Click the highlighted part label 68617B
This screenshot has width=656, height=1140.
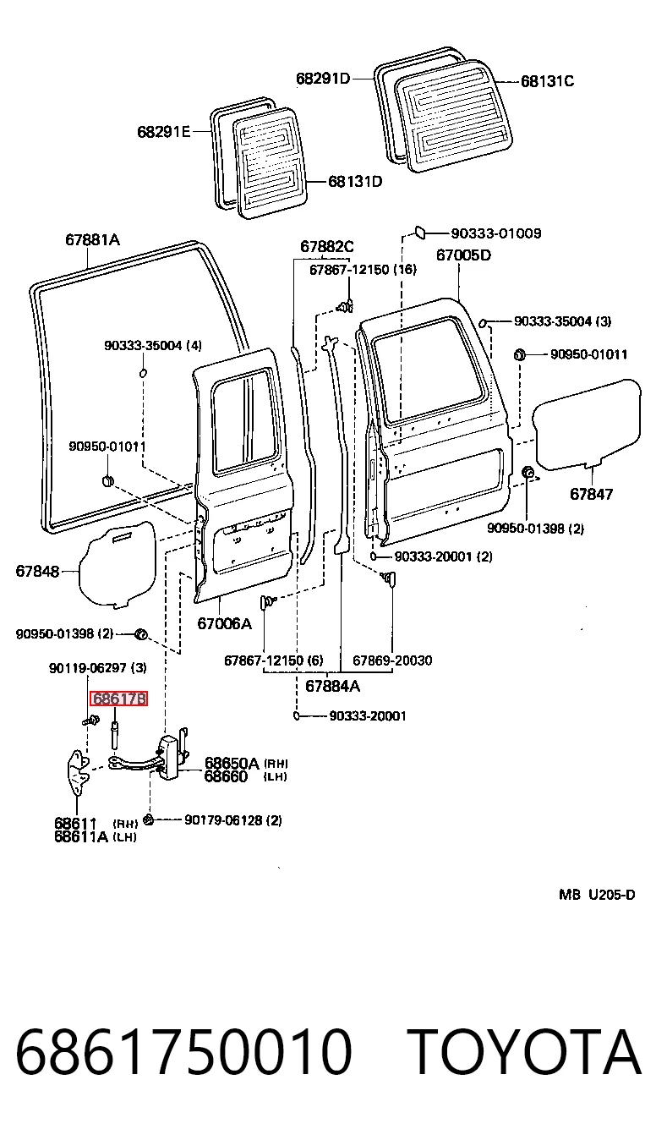click(118, 699)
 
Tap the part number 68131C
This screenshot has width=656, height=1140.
click(547, 81)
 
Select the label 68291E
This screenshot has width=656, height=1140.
click(164, 132)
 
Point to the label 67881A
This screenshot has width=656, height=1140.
click(93, 239)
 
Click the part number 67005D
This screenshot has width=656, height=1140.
click(463, 255)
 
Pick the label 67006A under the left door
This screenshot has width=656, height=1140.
click(224, 623)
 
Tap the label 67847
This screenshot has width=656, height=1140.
click(592, 494)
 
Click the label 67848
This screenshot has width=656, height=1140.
click(38, 571)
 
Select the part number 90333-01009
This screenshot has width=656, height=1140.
click(496, 233)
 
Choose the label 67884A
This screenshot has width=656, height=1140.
click(332, 686)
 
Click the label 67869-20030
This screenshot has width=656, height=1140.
click(392, 660)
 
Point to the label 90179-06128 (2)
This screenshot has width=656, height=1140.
click(233, 819)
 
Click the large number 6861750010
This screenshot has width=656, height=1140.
click(183, 1052)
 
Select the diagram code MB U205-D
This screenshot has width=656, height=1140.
click(597, 894)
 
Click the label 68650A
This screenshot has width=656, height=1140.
click(232, 763)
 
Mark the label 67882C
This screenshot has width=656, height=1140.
click(326, 247)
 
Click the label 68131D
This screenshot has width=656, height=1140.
click(355, 182)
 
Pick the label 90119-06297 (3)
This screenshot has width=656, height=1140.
click(98, 668)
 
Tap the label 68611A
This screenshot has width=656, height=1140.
click(81, 836)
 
